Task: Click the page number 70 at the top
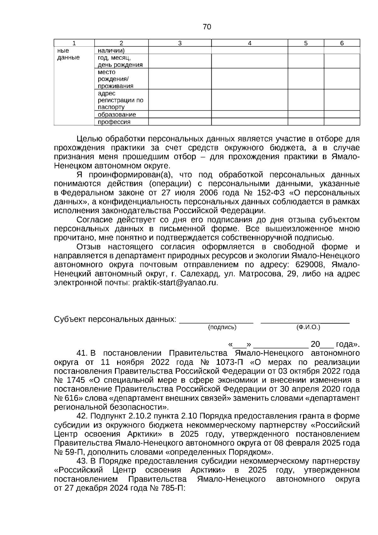[x=207, y=27]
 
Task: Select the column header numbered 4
[x=249, y=43]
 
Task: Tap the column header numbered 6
[x=342, y=43]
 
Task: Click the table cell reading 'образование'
[x=117, y=114]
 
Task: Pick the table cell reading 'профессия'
[x=114, y=122]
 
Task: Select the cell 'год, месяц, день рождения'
[x=120, y=61]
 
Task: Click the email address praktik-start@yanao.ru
[x=175, y=282]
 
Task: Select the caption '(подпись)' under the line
[x=222, y=327]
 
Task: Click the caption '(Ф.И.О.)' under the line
[x=308, y=327]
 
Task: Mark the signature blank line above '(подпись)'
[x=216, y=322]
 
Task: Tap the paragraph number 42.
[x=83, y=416]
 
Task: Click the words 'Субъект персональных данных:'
[x=115, y=319]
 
